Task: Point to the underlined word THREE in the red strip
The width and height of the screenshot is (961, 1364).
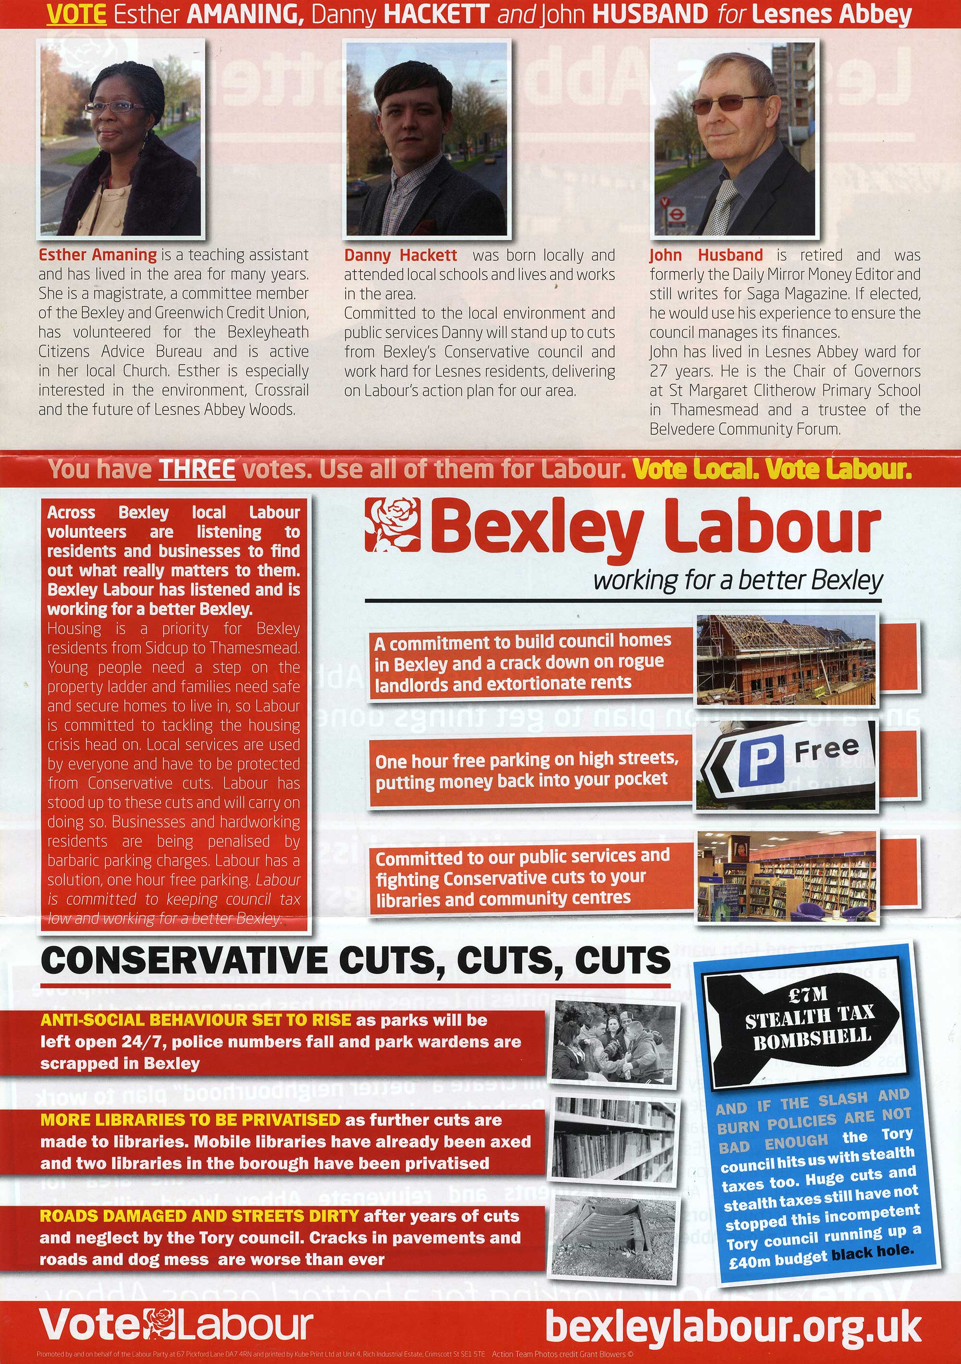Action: point(197,470)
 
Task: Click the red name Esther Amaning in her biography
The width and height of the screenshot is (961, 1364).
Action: point(98,255)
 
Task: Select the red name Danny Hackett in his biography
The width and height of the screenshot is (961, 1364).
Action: point(401,256)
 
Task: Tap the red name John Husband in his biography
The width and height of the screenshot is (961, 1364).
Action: point(705,256)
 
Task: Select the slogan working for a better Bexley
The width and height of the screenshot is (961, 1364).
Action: point(738,580)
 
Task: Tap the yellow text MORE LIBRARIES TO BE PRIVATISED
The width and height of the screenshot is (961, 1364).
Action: point(190,1120)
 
